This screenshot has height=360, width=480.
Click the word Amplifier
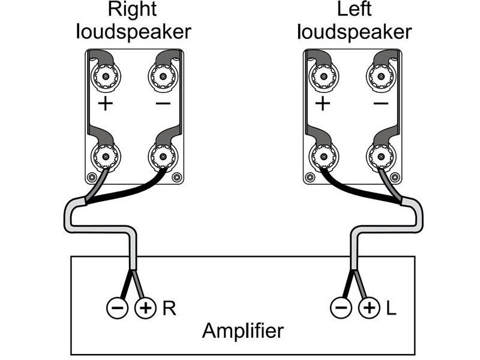[243, 331]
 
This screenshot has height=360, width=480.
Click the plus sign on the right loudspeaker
[106, 104]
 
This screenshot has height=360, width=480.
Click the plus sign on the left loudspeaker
[323, 104]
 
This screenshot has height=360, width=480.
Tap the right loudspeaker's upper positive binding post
[106, 76]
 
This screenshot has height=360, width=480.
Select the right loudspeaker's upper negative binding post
[162, 76]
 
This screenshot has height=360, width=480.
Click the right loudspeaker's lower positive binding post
[106, 157]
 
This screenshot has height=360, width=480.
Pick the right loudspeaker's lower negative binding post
[162, 157]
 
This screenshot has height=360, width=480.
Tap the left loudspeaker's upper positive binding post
[323, 76]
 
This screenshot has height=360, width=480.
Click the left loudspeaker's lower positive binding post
[323, 157]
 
